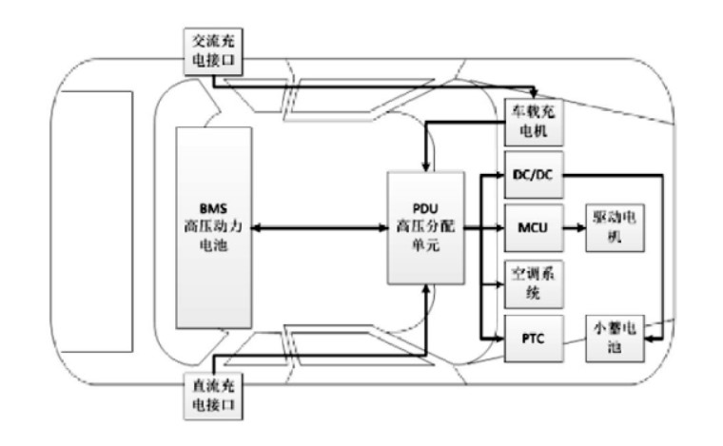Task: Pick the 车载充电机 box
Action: click(x=534, y=122)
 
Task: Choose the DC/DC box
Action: click(x=534, y=174)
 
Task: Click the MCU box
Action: click(x=534, y=228)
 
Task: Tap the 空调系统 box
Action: click(x=534, y=282)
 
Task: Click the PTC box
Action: click(x=534, y=338)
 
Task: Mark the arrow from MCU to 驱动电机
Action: click(x=576, y=228)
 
